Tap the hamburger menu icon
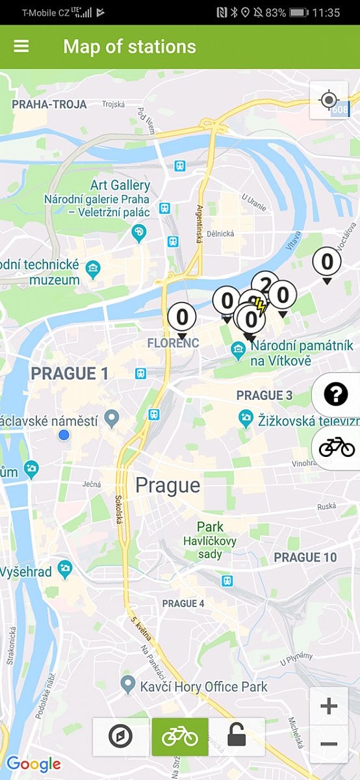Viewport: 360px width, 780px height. point(21,47)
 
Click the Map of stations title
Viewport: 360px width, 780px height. point(129,47)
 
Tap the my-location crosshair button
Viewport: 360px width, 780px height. point(329,100)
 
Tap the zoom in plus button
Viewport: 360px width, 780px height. point(329,706)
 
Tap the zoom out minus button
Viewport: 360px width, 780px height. point(329,744)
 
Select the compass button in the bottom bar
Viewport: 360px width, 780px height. point(121,736)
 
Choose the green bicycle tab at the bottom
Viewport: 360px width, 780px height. point(180,736)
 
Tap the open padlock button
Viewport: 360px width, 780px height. point(237,736)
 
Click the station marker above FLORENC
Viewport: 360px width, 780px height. point(182,318)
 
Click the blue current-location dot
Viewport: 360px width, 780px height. point(64,435)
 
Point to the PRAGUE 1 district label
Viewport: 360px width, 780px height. point(70,374)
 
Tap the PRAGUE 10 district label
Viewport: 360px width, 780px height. point(305,557)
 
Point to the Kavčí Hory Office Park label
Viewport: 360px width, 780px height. point(203,686)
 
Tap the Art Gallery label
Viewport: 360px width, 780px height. point(120,186)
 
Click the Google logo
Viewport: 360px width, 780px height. point(33,764)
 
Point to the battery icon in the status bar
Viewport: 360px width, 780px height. point(298,12)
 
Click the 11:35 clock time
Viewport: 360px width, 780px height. point(326,12)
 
